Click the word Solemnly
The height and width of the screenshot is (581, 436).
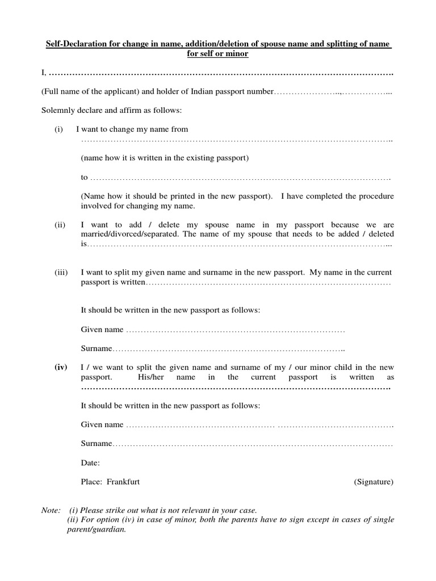point(57,110)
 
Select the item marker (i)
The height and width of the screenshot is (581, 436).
point(58,129)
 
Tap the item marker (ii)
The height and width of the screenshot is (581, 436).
point(60,225)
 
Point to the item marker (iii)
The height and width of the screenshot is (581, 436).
point(61,273)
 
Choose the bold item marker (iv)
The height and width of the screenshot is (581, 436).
point(61,367)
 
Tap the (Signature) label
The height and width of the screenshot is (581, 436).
point(374,482)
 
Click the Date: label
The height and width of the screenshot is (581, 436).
point(90,463)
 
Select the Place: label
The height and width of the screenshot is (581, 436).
point(91,482)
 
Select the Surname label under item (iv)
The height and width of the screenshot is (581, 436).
point(97,444)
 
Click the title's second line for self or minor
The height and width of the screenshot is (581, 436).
point(218,54)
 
